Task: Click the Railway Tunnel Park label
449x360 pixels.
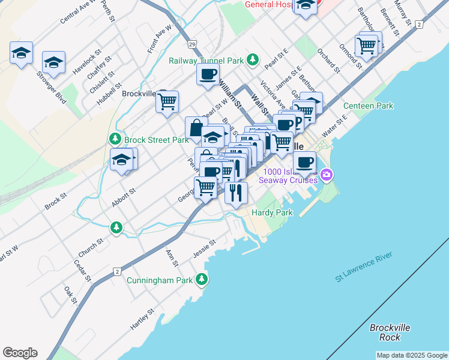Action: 206,60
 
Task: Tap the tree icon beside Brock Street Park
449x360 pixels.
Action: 114,139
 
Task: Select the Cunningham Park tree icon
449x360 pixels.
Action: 203,280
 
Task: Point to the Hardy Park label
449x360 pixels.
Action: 272,213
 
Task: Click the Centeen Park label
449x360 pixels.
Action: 368,106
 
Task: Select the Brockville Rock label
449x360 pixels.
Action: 390,332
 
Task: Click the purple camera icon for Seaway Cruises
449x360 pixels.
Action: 327,175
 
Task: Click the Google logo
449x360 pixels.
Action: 20,353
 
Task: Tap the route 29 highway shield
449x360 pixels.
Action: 191,44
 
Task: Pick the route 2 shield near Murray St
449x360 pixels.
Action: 418,24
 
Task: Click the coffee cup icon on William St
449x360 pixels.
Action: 208,74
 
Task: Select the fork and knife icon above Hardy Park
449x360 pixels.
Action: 236,193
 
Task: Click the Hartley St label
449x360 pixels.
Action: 142,319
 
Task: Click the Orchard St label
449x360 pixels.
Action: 330,62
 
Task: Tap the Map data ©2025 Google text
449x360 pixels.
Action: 412,355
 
